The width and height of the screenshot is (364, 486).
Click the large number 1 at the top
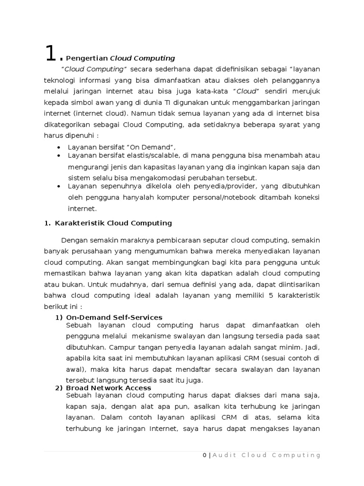click(51, 54)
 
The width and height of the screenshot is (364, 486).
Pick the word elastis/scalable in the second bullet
click(147, 155)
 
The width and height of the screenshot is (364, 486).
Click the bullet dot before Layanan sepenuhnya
click(58, 187)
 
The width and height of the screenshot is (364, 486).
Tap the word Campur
click(118, 346)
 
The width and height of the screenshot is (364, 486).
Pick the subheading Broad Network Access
click(109, 388)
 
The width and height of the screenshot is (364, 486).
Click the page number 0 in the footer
click(204, 455)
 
